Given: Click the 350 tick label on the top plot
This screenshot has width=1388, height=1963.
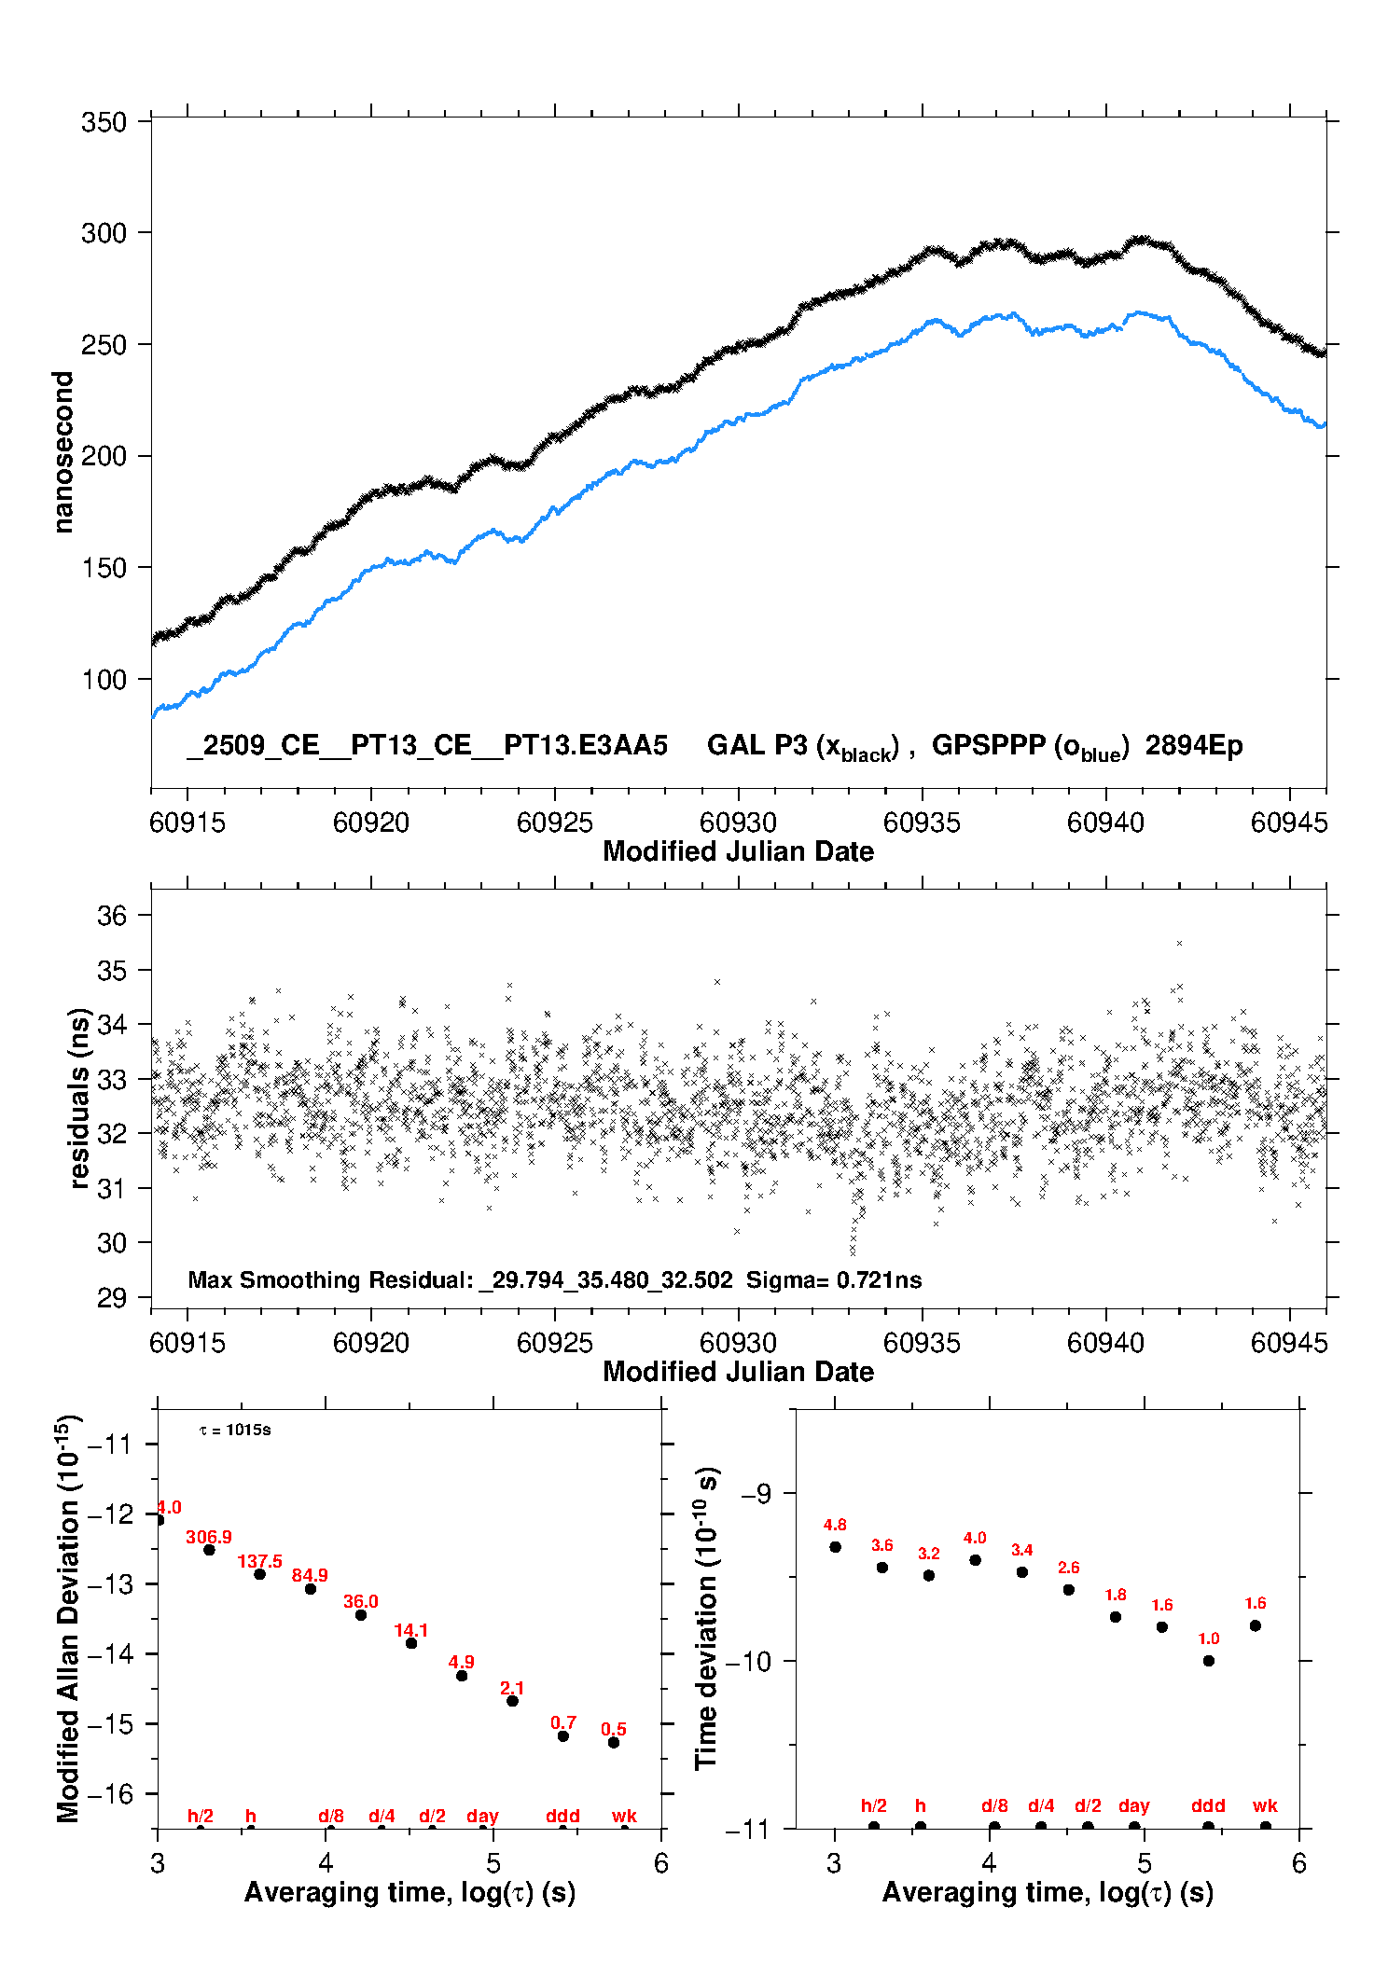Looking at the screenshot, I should [x=104, y=122].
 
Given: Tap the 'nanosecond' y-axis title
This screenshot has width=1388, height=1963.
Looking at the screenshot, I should [x=63, y=452].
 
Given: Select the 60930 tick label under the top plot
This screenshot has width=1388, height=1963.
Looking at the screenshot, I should [x=738, y=823].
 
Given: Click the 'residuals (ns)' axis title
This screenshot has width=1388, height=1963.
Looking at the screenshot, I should [x=80, y=1098].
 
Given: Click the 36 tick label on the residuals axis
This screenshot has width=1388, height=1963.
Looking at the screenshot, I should [x=112, y=916].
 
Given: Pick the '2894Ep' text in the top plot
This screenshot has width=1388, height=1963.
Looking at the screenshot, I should [x=1194, y=746].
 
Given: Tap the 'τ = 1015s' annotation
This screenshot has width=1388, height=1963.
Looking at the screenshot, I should [x=235, y=1430].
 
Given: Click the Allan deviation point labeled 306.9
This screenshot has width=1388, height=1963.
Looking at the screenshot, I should [x=210, y=1550].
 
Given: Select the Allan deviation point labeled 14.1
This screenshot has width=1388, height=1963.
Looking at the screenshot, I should [x=411, y=1643].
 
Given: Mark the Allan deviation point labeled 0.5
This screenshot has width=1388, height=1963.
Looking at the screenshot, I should [x=614, y=1742].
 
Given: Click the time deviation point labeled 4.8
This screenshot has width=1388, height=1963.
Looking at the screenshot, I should [x=836, y=1547].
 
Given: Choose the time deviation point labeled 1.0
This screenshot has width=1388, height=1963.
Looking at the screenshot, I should [x=1209, y=1660].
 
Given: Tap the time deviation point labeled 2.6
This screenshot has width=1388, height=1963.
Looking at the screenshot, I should [x=1069, y=1589].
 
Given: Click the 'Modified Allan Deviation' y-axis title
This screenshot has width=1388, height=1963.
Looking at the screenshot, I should [x=68, y=1618].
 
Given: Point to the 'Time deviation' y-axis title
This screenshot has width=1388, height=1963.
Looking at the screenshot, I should [x=706, y=1618].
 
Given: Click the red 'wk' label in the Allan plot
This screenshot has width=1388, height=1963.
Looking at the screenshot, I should [x=624, y=1816].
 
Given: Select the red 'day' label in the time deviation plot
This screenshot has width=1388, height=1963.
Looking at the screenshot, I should [x=1134, y=1805].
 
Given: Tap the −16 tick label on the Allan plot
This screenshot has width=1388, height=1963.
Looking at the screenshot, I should [x=110, y=1793].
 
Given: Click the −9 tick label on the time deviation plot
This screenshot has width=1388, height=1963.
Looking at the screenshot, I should [x=756, y=1493].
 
